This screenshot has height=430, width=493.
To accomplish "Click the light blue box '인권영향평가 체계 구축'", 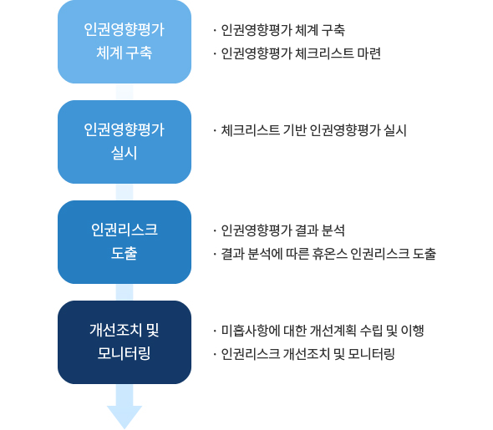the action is [x=125, y=42].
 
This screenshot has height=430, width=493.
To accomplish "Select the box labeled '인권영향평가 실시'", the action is [x=125, y=142].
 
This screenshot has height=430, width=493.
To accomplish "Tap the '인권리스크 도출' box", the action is [x=125, y=242].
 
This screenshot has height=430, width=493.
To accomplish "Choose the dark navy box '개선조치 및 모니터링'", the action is [x=125, y=342].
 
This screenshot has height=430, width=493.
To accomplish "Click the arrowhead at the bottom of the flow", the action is [x=125, y=417].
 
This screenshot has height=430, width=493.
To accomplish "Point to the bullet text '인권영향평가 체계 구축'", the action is [x=283, y=30].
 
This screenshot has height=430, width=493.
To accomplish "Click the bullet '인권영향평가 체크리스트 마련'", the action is [x=301, y=53].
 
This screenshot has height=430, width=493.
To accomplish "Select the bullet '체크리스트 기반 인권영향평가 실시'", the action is [x=314, y=130].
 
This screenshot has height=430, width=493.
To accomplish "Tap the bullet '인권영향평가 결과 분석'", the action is [x=283, y=230].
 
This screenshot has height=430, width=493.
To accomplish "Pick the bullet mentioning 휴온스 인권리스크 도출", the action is [x=328, y=254].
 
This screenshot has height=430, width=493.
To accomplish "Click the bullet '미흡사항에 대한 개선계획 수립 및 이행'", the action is [x=323, y=331].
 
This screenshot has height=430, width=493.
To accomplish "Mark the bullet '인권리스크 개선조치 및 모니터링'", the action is [x=307, y=354].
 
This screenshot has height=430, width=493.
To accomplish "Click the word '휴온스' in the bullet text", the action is [x=330, y=254].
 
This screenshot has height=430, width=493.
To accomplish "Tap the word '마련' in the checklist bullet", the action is [x=369, y=53].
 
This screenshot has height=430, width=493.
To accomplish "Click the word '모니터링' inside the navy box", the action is [x=125, y=353].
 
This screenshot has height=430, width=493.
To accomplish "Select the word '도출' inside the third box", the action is [x=125, y=253].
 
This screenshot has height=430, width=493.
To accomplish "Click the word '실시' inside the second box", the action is [x=125, y=154].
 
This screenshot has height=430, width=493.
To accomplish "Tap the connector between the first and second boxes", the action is [x=125, y=92].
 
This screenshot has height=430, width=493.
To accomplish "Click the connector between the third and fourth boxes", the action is [x=125, y=292].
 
